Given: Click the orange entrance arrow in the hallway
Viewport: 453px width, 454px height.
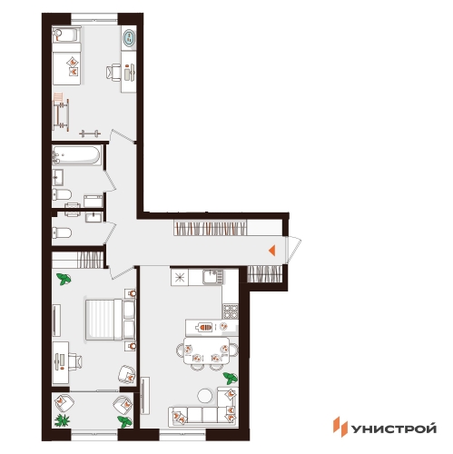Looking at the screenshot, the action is [x=272, y=251].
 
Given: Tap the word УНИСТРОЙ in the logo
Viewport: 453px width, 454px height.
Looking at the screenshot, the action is [x=394, y=429].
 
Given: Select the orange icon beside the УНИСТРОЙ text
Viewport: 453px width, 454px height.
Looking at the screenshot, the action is [x=340, y=427].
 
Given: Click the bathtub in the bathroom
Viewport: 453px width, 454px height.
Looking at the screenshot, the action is [x=77, y=155].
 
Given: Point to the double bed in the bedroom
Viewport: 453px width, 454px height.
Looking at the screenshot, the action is [x=110, y=320].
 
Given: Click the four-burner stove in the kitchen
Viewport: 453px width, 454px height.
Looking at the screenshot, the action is [x=231, y=311].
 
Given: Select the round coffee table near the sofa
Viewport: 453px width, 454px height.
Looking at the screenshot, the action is [x=205, y=396].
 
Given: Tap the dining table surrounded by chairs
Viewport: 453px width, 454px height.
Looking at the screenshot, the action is [x=207, y=350].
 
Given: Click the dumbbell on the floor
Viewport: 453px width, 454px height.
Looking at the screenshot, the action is [x=90, y=133].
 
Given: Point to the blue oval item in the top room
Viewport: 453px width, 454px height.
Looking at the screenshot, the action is [x=129, y=38].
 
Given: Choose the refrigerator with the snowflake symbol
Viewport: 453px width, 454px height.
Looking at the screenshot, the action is [x=180, y=278].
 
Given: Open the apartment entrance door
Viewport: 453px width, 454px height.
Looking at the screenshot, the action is [x=293, y=249].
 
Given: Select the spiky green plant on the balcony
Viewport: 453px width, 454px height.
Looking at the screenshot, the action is [x=62, y=420].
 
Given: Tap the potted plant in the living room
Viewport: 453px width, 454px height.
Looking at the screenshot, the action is [x=231, y=379].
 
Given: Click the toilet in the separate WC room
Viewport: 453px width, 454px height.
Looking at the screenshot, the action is [x=62, y=232].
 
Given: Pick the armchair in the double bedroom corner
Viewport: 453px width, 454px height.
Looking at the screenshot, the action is [x=126, y=375].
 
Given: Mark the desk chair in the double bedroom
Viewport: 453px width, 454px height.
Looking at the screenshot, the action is [x=75, y=361].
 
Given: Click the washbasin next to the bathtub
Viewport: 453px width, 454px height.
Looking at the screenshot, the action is [x=57, y=177].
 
